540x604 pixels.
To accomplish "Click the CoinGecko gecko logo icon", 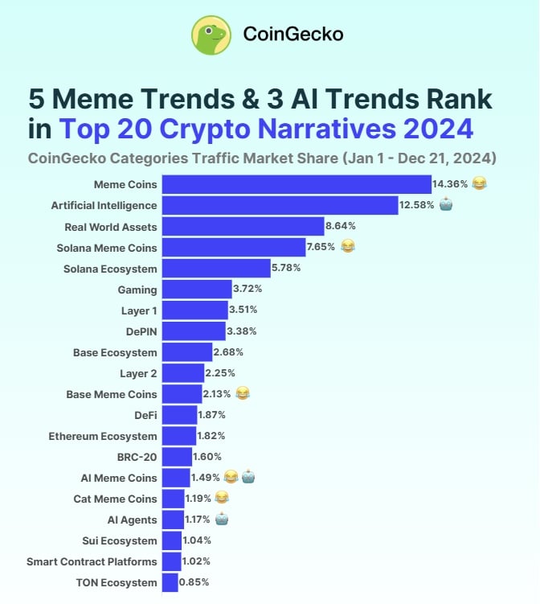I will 211,35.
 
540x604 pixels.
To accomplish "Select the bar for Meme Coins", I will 297,184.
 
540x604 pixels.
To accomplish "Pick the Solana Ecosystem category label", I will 110,268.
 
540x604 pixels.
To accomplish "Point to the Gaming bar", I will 186,289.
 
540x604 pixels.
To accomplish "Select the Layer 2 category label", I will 138,373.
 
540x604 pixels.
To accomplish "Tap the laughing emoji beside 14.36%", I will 479,184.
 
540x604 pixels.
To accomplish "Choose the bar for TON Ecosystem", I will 170,581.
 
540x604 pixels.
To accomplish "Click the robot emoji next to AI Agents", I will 222,520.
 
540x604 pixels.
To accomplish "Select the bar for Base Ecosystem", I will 187,352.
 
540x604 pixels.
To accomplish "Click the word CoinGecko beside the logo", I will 292,35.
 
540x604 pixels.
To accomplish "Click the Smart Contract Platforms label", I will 92,561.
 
